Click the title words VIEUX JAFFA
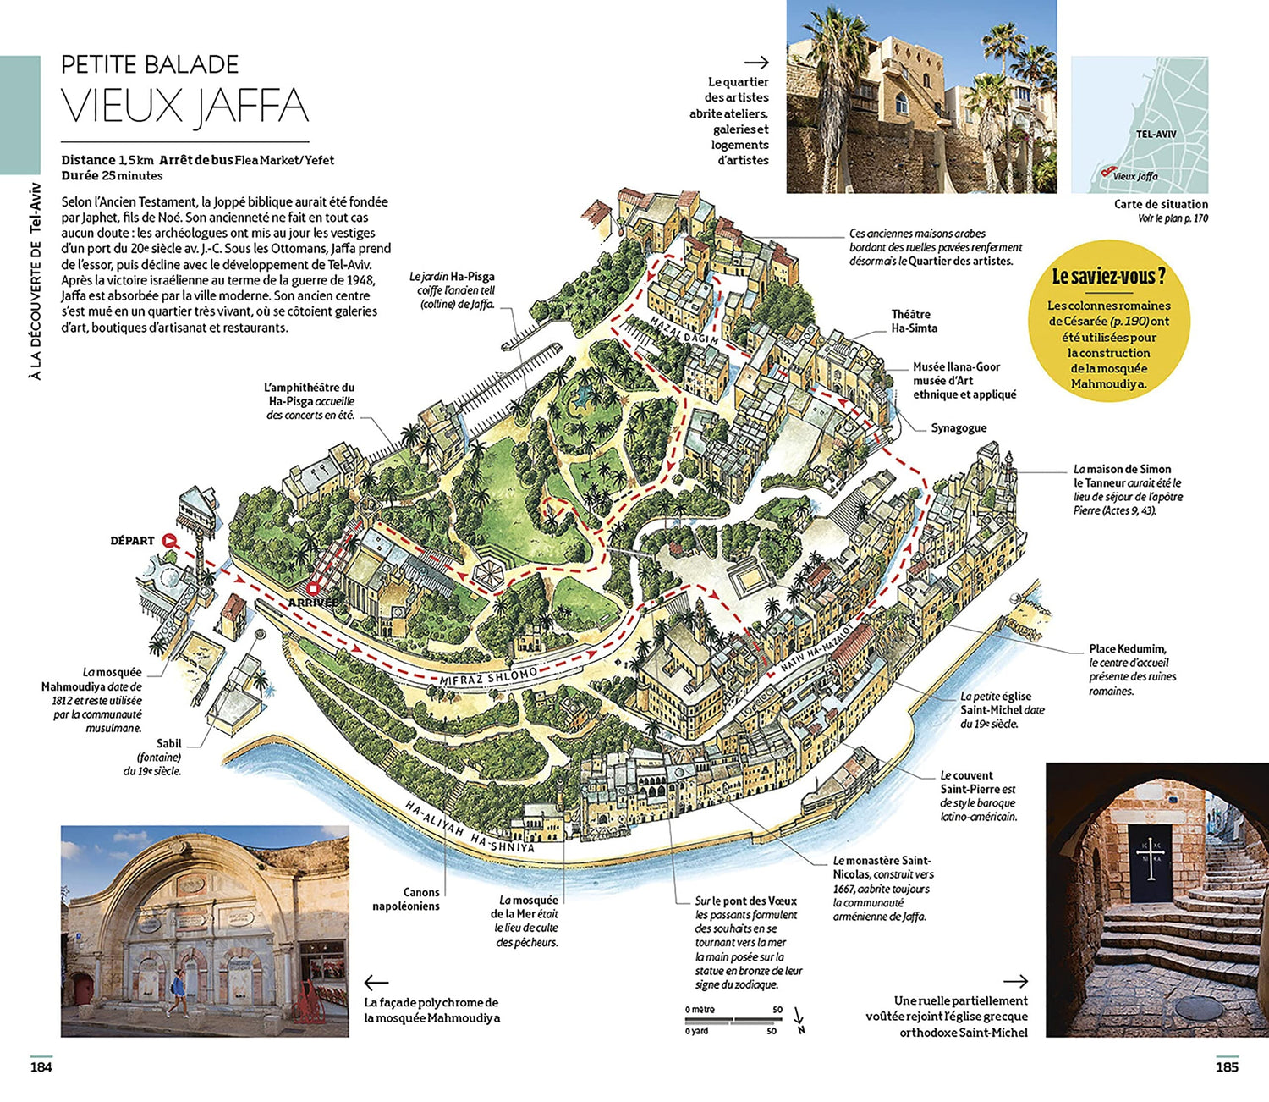click(184, 106)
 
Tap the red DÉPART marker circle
click(168, 541)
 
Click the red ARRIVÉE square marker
click(312, 587)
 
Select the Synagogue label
click(959, 428)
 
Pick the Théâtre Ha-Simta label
click(914, 321)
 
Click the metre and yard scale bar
click(733, 1020)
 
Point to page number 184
click(41, 1067)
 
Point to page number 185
click(1227, 1067)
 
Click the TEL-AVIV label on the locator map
click(1156, 134)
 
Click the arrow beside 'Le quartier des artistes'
click(755, 62)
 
